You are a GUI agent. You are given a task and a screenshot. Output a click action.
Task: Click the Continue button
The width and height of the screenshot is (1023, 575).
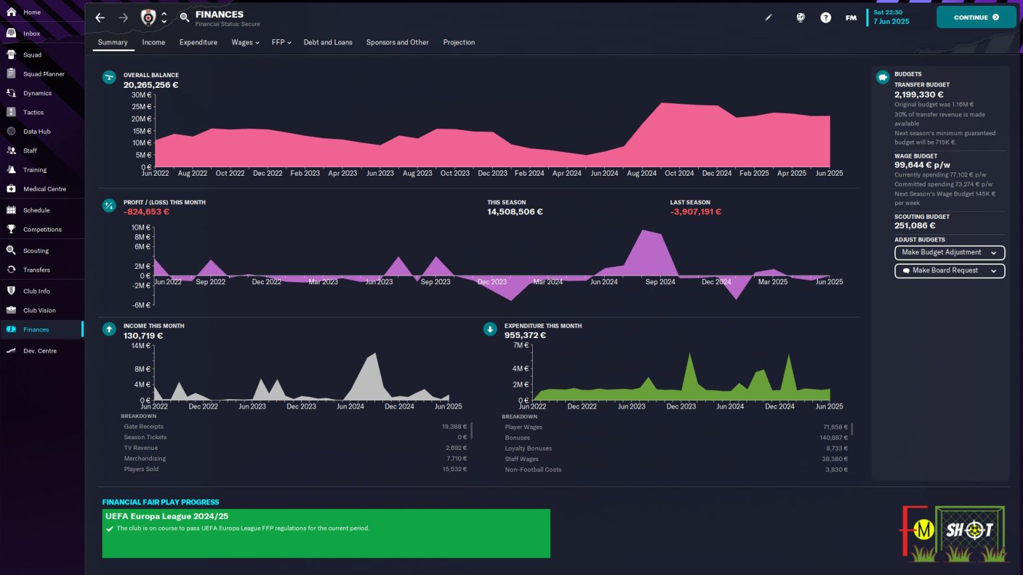(976, 17)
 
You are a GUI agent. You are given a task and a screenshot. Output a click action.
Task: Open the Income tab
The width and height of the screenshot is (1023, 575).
(153, 43)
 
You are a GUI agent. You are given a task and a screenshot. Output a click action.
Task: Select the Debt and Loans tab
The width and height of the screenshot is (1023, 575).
(328, 43)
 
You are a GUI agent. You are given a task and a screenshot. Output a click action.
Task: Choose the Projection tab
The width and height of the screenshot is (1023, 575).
(459, 43)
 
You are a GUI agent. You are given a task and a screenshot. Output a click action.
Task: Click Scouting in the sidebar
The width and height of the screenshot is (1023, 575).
(35, 250)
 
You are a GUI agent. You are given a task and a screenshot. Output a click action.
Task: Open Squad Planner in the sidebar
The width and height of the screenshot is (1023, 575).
(44, 74)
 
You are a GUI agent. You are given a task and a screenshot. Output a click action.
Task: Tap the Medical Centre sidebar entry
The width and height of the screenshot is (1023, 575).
(45, 189)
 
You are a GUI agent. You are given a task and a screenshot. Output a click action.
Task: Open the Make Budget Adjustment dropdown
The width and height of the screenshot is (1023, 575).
(950, 252)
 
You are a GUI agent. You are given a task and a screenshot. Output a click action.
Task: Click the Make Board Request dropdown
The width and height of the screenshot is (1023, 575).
(950, 271)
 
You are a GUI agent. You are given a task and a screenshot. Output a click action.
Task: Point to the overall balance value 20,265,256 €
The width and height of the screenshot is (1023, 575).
(151, 85)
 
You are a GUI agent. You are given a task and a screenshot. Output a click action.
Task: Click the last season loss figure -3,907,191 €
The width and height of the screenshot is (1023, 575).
(695, 212)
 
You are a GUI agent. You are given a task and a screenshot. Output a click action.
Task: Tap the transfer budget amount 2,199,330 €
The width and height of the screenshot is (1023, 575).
(918, 95)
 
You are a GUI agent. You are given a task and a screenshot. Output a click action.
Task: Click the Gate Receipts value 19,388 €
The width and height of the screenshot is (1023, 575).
(454, 427)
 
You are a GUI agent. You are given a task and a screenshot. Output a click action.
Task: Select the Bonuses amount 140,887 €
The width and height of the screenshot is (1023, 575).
(833, 438)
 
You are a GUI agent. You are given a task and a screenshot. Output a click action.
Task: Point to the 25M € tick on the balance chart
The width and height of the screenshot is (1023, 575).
(142, 106)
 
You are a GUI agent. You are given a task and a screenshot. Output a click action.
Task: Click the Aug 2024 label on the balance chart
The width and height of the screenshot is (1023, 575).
(641, 174)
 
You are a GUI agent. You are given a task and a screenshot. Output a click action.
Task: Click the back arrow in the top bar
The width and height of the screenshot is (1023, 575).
(100, 18)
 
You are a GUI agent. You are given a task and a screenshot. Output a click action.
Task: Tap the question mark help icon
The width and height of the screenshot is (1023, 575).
(825, 18)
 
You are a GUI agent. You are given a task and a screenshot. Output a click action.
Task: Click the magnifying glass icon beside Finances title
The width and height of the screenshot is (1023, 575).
(184, 17)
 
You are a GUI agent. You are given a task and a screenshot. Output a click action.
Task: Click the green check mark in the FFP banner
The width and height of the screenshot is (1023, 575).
(110, 529)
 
